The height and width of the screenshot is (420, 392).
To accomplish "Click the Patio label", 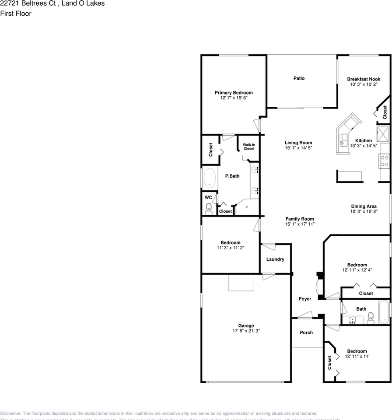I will pos(299,78).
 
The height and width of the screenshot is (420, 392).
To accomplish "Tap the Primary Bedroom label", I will pos(234,93).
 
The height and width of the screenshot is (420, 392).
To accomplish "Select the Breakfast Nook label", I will pos(364,79).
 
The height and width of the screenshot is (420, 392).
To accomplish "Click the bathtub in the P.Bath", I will pos(209,178).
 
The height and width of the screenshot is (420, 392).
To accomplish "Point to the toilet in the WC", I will pos(209,208).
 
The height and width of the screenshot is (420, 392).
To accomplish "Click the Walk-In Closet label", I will pos(249,147).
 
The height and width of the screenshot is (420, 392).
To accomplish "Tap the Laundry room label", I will pos(275,259).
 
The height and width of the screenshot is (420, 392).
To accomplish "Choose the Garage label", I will pos(246,325).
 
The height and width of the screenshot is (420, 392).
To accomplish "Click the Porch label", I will pos(306,332).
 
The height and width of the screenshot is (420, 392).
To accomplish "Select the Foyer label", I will pos(305,299).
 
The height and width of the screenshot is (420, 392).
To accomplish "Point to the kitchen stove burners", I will pos(385,161).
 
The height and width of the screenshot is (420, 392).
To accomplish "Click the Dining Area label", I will pos(364,206).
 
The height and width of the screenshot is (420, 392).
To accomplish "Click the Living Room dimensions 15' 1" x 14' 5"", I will pos(298,148).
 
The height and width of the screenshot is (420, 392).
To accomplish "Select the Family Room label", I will pos(300,219).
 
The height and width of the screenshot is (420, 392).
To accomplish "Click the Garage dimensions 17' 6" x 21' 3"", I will pos(246,331).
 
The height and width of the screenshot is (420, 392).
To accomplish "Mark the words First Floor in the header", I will pos(16,14).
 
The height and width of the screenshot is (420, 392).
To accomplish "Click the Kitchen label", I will pos(364,141).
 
